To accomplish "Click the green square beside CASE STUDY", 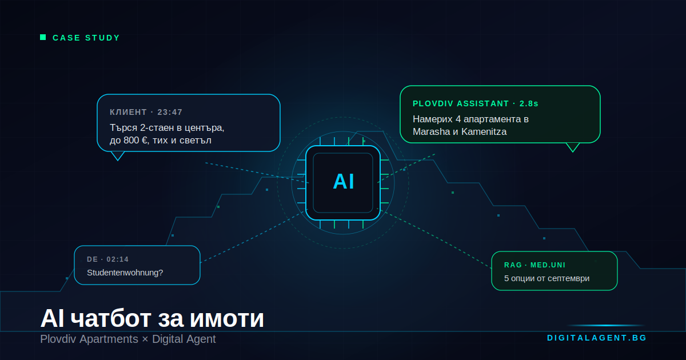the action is point(43,37).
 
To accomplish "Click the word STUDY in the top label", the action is point(102,38).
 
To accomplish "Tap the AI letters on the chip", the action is point(344,182).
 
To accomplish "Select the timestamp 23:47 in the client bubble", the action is point(170,113).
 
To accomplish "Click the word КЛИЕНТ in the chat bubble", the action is point(128,113).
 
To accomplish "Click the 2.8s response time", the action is point(529,104).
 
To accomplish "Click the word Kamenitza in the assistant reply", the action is point(484,131).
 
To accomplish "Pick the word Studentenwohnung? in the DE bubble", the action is point(125,273).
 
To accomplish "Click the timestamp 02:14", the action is point(117,259).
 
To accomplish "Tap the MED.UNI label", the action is point(548,265).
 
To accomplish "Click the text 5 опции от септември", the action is point(547,279).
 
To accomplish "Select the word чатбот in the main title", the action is point(111,318).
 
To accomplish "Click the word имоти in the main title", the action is point(226,318).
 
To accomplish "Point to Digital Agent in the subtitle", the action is point(184,339).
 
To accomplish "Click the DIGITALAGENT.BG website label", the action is point(597,338).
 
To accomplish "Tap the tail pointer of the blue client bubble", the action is point(118,156).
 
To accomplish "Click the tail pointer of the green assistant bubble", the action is point(573,147).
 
